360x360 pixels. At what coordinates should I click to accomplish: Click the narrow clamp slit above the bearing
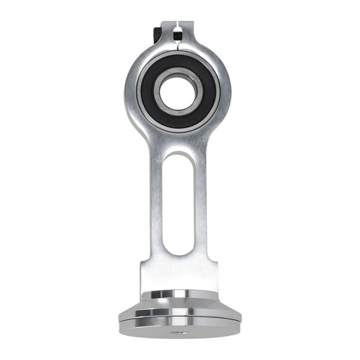click(180, 36)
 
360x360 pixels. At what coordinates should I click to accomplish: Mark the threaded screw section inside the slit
click(180, 26)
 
